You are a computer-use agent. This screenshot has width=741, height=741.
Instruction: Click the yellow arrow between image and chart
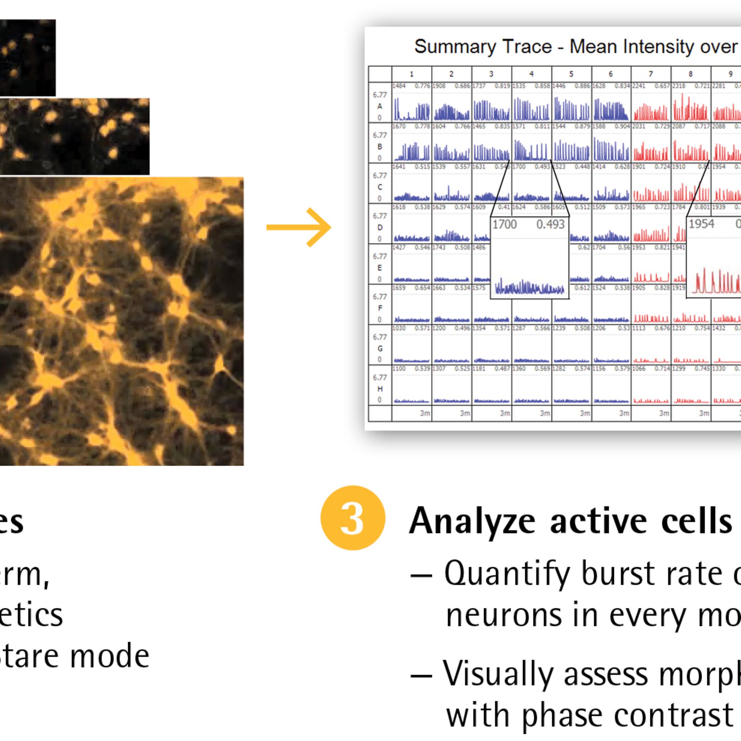pyautogui.click(x=299, y=227)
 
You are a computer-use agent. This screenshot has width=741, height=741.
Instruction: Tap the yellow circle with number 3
pyautogui.click(x=353, y=518)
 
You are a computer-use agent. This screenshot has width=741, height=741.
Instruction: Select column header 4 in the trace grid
pyautogui.click(x=531, y=74)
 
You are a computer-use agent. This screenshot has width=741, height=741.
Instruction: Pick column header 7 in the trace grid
pyautogui.click(x=650, y=74)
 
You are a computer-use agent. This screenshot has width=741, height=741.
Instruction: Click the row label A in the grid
pyautogui.click(x=380, y=106)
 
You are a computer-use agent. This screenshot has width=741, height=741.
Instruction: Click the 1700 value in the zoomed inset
pyautogui.click(x=504, y=224)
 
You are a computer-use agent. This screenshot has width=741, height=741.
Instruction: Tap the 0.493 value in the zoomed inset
pyautogui.click(x=550, y=224)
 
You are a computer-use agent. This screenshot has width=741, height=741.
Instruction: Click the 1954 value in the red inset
pyautogui.click(x=701, y=224)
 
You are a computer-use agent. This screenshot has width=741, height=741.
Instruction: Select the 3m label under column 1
pyautogui.click(x=424, y=413)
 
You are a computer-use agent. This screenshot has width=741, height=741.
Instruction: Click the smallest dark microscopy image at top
pyautogui.click(x=27, y=58)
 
